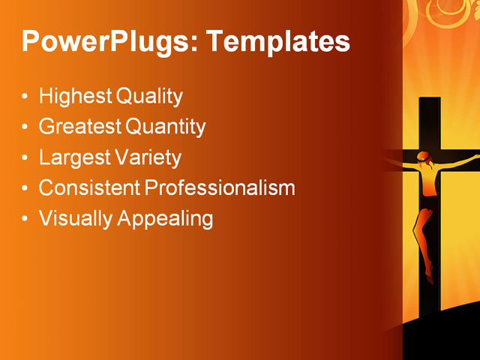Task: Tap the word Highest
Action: tap(73, 97)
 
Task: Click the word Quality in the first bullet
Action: tap(149, 97)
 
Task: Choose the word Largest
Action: tap(71, 157)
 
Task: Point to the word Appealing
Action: tap(166, 218)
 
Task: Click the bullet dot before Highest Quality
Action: tap(26, 97)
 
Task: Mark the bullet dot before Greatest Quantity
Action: tap(26, 127)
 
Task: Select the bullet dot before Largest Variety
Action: tap(26, 158)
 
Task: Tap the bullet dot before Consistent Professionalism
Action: tap(26, 188)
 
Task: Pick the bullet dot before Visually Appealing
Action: tap(26, 219)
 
